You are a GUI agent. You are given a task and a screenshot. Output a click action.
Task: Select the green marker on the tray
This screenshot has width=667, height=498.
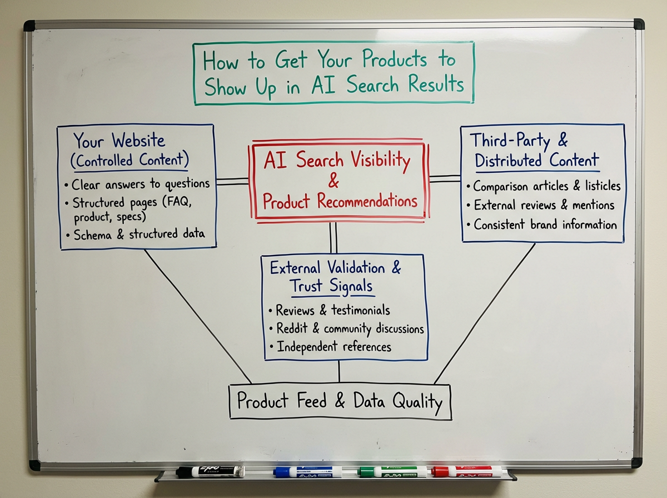coord(392,471)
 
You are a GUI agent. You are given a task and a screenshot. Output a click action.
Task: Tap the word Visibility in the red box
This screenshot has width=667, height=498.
coord(377,161)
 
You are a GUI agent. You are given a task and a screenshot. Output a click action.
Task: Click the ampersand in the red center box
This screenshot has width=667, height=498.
coord(334,181)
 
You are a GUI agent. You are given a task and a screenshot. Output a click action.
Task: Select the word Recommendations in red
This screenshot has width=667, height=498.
coord(367,201)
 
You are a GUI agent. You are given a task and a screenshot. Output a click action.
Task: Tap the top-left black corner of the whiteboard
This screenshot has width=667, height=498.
coord(29,26)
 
